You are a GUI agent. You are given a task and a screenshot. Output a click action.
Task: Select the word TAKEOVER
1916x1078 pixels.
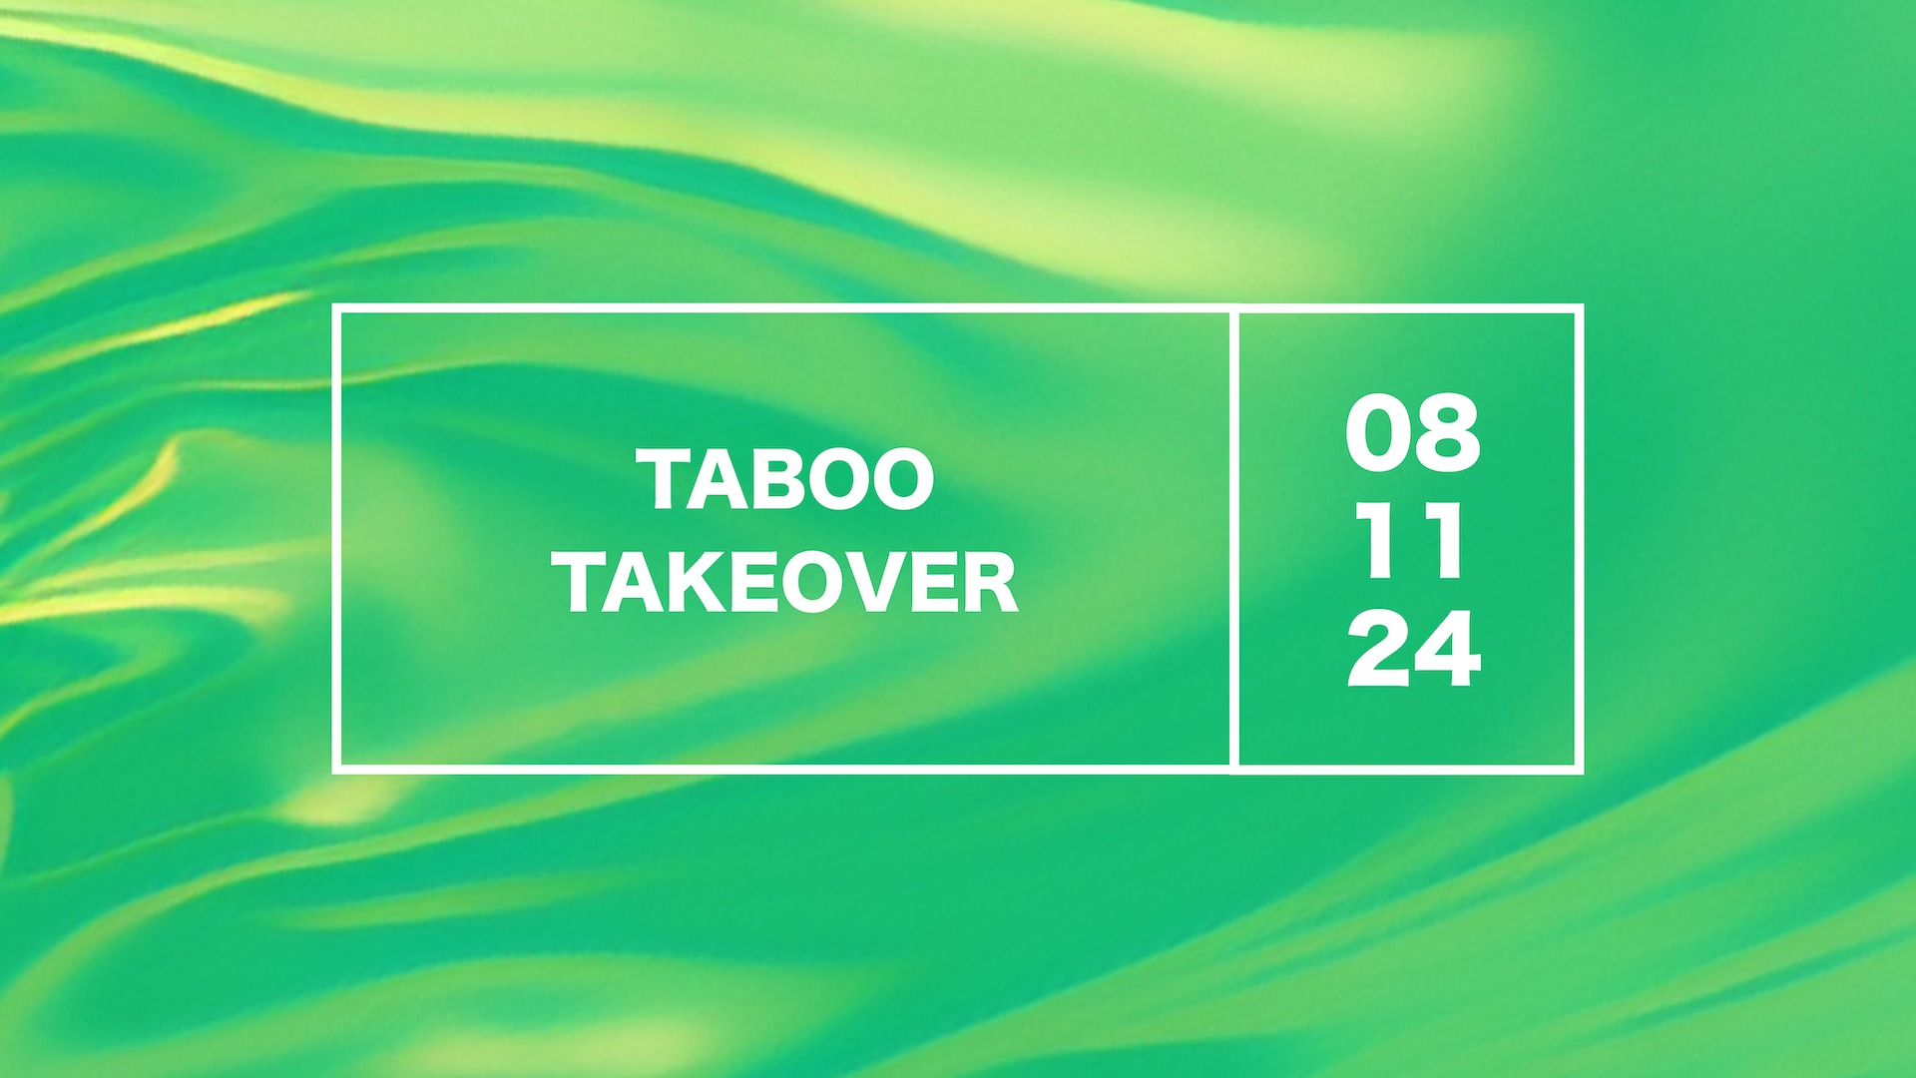pyautogui.click(x=788, y=583)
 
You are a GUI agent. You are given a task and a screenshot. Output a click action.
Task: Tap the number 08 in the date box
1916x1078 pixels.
pyautogui.click(x=1411, y=434)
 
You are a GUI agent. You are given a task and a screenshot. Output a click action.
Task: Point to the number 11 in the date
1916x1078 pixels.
pyautogui.click(x=1411, y=543)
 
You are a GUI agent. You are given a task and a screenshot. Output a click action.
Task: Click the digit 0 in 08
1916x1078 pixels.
pyautogui.click(x=1378, y=434)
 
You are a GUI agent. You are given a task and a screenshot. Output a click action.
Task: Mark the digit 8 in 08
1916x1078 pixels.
pyautogui.click(x=1446, y=434)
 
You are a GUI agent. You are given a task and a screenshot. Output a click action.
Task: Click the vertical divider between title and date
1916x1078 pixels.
pyautogui.click(x=1234, y=539)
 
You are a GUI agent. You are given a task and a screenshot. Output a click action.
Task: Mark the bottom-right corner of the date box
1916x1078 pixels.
pyautogui.click(x=1580, y=769)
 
